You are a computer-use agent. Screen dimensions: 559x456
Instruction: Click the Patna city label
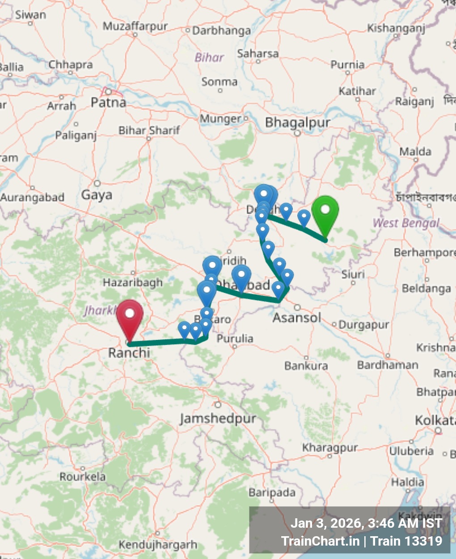pos(108,103)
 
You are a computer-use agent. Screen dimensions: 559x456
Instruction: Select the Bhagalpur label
pos(297,122)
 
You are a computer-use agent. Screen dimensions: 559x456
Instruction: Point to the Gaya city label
pos(97,195)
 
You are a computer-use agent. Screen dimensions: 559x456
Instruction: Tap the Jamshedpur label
pos(218,419)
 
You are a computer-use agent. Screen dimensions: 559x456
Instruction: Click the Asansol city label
pos(297,318)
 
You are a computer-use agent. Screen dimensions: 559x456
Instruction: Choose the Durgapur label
pos(363,325)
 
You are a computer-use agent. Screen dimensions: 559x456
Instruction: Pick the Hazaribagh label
pos(133,283)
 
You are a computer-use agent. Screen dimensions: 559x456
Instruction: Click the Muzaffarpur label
pos(135,27)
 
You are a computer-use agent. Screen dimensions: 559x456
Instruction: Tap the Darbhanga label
pos(222,31)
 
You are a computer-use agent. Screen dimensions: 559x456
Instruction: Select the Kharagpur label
pos(330,448)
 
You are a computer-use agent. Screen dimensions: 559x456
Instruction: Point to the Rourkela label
pos(83,477)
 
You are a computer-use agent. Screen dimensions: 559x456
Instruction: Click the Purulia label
pos(235,339)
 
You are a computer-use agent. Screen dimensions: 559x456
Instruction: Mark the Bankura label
pos(306,366)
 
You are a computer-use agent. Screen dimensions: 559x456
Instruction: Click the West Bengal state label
pos(406,223)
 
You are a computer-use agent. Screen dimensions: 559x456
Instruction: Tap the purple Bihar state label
pos(209,57)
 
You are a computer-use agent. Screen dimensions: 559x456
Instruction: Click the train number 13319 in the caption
pos(422,541)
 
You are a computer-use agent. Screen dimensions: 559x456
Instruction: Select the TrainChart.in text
pos(320,541)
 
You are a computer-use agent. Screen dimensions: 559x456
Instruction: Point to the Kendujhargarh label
pos(157,545)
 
